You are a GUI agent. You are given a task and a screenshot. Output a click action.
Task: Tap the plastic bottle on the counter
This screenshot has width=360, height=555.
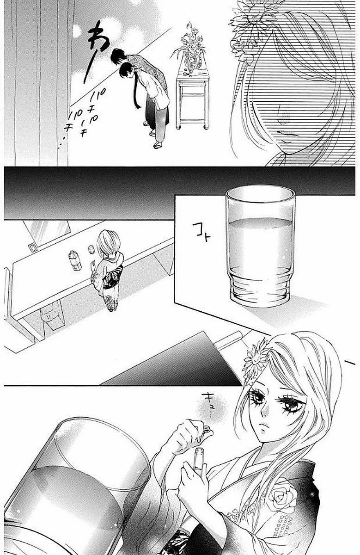[x=75, y=260]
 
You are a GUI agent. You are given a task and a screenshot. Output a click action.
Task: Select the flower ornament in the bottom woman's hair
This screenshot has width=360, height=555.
[x=256, y=361]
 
